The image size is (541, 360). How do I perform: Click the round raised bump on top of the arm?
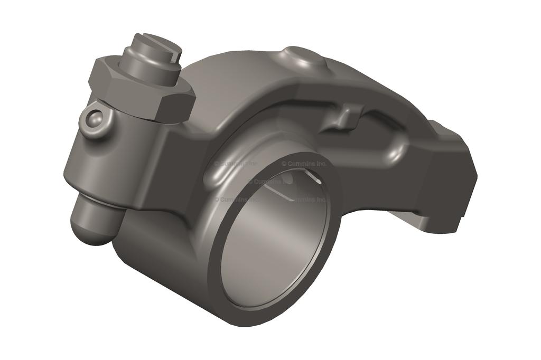pyautogui.click(x=304, y=57)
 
